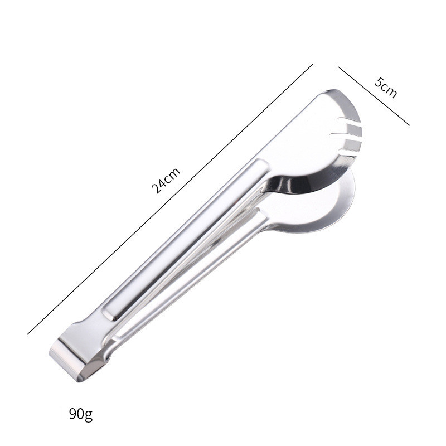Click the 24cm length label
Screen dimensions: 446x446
pos(166,181)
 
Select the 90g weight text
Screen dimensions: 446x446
pos(81,414)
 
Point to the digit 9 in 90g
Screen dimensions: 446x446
pos(73,414)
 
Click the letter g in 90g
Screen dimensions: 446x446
pos(89,416)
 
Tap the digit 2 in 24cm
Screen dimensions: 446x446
pos(157,188)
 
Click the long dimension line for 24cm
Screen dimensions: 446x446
pos(170,199)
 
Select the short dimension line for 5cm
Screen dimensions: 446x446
pos(374,96)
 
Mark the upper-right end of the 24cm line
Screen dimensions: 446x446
pos(313,64)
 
